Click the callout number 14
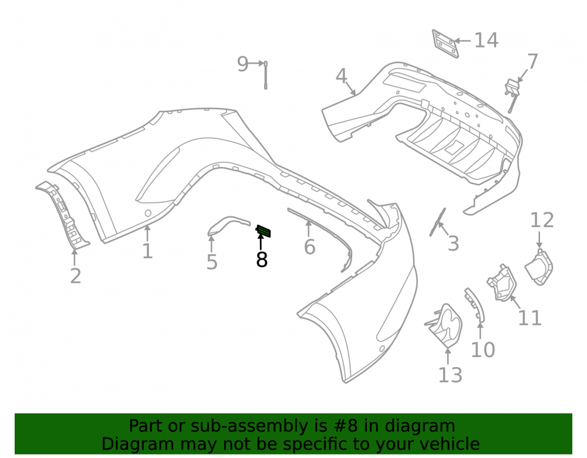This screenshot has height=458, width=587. click(x=486, y=40)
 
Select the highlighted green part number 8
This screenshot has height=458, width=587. click(x=264, y=231)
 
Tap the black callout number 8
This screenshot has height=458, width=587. click(x=262, y=259)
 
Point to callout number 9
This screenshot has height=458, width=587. click(x=242, y=64)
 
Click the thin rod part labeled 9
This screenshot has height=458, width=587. click(x=266, y=75)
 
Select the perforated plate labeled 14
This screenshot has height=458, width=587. click(x=445, y=44)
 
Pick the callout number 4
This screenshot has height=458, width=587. click(x=341, y=76)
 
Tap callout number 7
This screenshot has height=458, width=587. click(x=532, y=62)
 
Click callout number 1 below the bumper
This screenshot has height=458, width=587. click(x=147, y=251)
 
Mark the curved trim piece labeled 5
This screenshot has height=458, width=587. click(x=228, y=225)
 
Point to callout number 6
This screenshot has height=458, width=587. click(x=309, y=247)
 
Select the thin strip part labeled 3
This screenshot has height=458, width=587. click(x=438, y=222)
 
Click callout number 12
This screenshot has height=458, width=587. click(x=542, y=220)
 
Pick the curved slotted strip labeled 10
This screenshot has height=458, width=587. click(x=475, y=304)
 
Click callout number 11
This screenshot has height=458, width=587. click(x=529, y=318)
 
